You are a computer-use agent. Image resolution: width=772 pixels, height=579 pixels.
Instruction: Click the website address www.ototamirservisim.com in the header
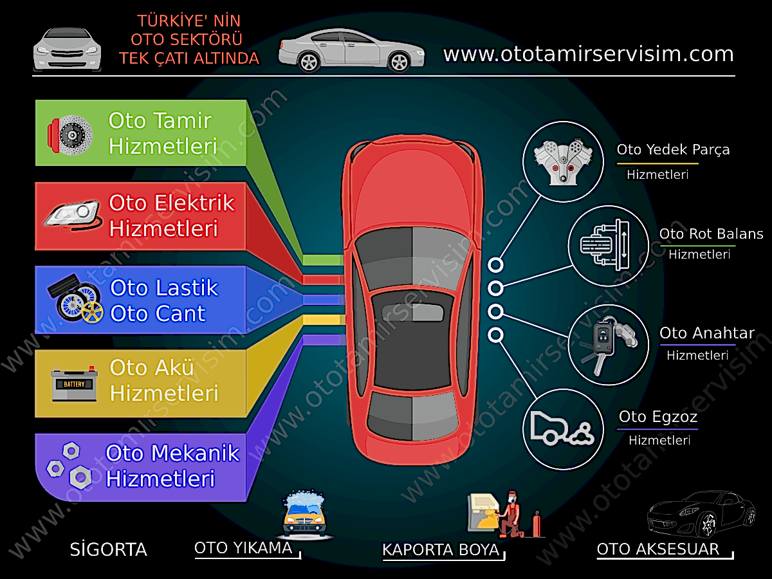588,54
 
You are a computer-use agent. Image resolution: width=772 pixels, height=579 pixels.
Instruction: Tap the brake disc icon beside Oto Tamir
69,134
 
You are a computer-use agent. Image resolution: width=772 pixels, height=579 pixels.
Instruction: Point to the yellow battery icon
74,384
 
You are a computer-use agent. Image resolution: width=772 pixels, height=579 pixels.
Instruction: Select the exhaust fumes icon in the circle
562,427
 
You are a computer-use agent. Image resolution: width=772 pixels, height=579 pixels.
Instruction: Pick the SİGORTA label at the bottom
108,550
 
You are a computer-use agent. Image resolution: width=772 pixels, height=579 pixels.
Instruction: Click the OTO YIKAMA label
243,548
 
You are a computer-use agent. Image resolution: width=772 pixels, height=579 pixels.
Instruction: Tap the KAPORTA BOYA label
441,550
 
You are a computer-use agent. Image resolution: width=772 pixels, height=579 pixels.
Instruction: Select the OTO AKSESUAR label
657,549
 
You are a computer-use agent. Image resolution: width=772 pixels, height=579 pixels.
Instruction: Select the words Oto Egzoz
657,417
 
